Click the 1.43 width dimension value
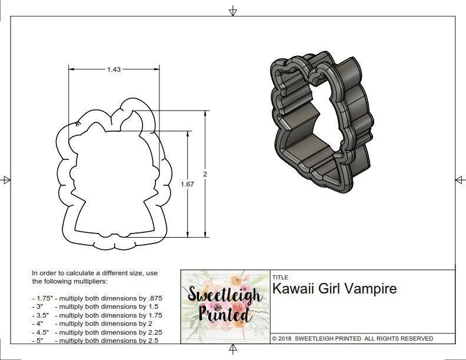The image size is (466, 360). coord(114,69)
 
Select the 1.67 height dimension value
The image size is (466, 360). coord(187,184)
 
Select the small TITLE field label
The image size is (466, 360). coord(279,277)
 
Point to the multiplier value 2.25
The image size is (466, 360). coord(154,332)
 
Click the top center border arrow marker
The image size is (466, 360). coord(233,11)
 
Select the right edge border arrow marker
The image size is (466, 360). coord(460,179)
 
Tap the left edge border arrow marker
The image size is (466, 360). coord(6,179)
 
